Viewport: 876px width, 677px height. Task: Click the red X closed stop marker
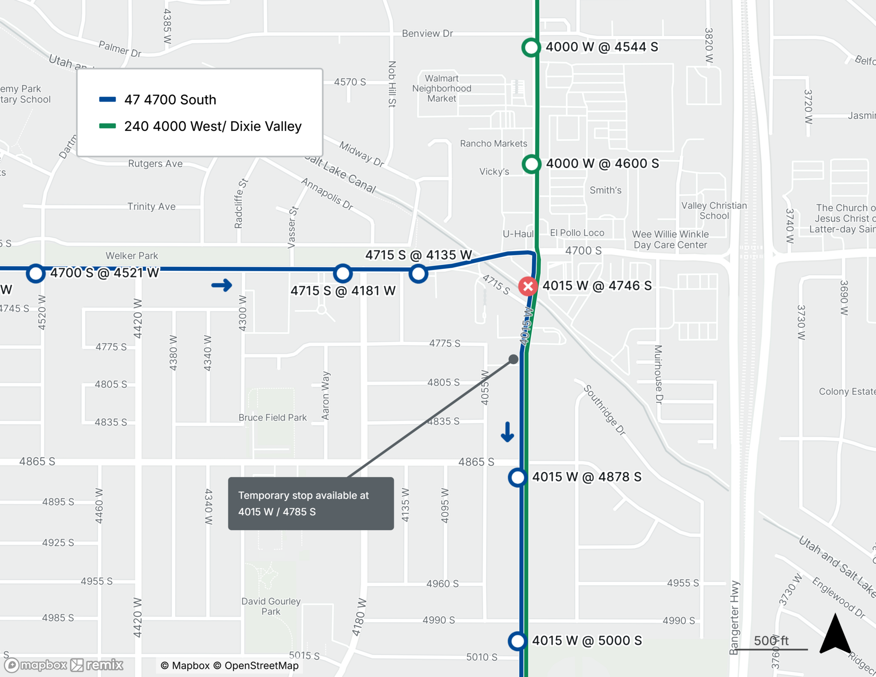528,287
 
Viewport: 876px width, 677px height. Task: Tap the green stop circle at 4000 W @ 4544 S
531,47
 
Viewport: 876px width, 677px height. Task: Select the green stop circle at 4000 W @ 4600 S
531,164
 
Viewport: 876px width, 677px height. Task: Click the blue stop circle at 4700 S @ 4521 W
35,273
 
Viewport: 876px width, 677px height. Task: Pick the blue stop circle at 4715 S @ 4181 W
343,273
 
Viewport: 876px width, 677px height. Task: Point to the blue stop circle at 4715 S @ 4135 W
418,274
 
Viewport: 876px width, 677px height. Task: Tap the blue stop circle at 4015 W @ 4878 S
517,477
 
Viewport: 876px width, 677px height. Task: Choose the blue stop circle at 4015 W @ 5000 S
517,641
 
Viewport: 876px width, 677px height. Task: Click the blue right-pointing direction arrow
222,286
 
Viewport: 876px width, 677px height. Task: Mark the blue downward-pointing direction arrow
507,432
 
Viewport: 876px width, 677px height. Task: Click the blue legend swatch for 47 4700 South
107,99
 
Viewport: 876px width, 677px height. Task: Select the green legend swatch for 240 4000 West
107,126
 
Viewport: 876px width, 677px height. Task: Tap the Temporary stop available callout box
311,503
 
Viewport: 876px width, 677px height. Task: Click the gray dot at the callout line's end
513,359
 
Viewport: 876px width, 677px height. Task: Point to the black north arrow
835,634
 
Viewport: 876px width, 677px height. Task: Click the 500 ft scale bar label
771,641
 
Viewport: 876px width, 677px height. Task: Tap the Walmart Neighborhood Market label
442,89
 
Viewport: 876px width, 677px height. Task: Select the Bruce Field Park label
272,418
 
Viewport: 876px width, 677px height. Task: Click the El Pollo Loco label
577,233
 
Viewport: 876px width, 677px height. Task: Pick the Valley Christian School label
714,211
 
